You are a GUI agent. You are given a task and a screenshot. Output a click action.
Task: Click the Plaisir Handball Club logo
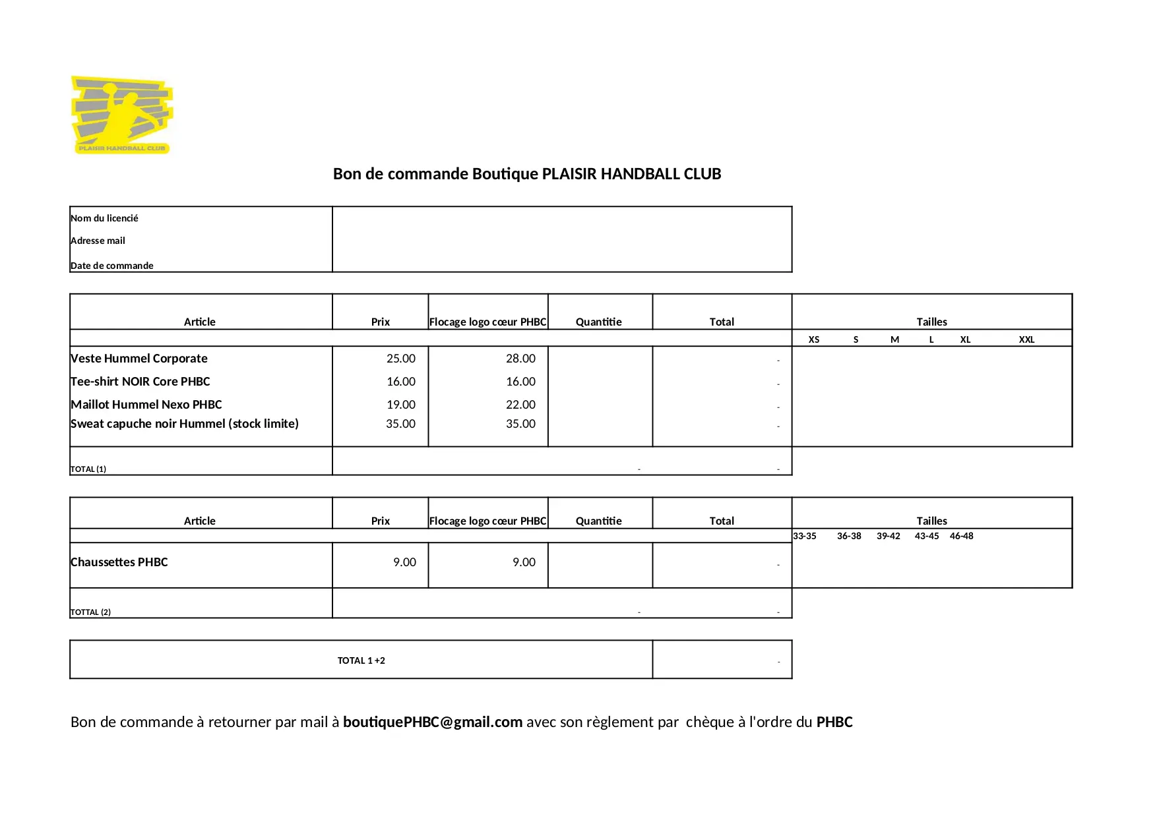point(121,115)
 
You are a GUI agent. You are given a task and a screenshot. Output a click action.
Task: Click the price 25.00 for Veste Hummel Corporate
point(400,359)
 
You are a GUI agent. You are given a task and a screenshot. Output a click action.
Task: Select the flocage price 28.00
point(520,359)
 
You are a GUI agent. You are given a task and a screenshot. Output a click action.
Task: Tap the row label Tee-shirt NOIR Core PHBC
point(140,382)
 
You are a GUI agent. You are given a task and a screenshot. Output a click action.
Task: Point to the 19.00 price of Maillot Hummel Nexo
point(400,405)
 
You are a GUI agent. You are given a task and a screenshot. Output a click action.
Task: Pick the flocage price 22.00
point(520,405)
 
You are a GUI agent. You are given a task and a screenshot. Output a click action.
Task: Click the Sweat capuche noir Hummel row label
point(184,424)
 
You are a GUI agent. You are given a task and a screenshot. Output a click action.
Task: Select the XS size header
point(814,339)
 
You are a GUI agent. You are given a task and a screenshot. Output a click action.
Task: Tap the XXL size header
point(1026,339)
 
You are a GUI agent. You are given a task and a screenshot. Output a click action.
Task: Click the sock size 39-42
point(888,536)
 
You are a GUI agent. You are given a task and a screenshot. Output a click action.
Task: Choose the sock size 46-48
point(961,536)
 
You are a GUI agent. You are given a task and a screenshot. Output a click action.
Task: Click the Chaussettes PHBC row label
point(119,562)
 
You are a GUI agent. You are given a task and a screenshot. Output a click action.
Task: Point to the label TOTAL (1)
point(88,469)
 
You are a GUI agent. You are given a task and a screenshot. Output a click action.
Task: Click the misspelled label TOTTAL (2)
point(90,612)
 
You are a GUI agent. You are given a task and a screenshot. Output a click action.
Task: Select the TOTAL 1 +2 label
point(361,660)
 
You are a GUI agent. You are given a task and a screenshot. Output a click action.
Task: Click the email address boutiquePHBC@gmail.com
point(433,722)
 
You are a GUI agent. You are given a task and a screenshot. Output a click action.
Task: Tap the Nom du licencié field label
point(104,218)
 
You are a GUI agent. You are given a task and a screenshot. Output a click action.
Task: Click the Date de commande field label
point(111,266)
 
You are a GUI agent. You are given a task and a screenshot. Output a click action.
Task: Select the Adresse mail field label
point(98,241)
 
